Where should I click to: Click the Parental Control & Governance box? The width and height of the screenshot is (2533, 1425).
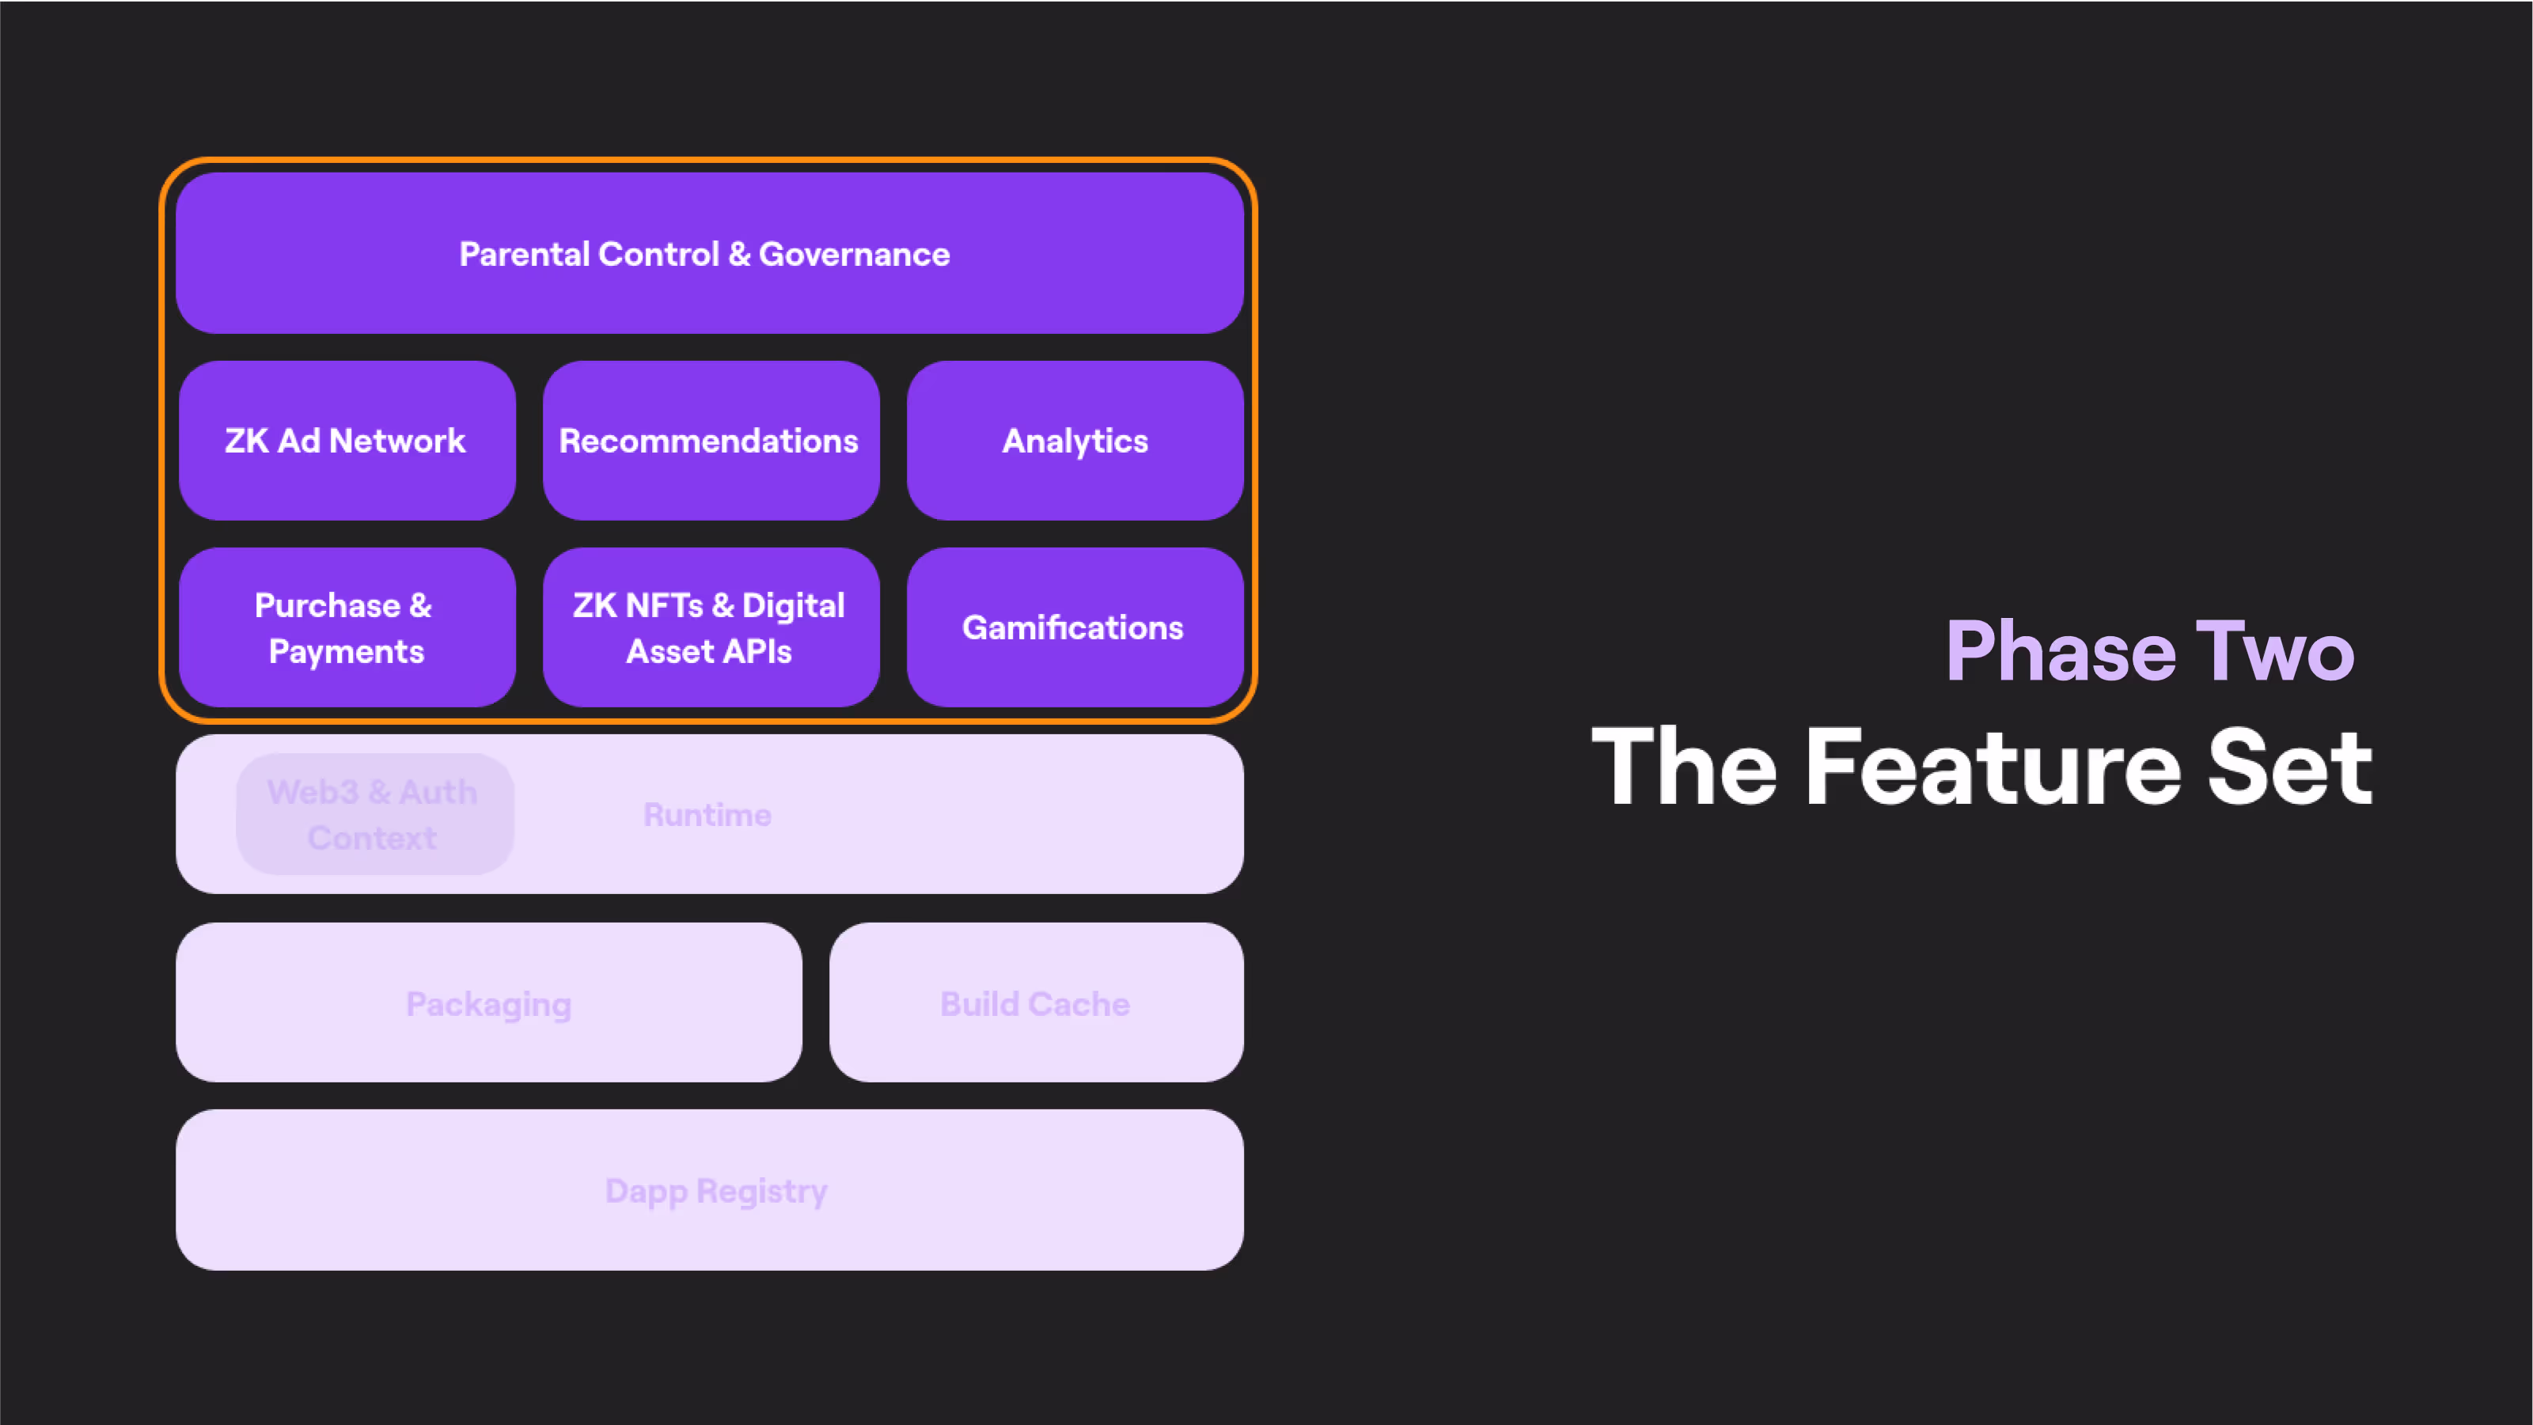(709, 254)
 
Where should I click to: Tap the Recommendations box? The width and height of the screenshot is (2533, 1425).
(710, 441)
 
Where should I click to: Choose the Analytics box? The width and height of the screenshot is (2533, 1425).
(1075, 441)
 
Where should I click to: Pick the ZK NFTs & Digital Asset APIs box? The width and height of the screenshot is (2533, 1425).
(710, 627)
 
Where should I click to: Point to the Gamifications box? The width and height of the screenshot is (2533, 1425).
(1075, 627)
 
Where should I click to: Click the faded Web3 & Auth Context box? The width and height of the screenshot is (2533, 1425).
(374, 814)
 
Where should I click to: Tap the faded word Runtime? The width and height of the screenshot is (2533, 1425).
(707, 814)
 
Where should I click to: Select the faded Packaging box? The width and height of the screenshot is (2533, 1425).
(489, 1003)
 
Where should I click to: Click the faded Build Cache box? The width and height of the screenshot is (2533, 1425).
(1035, 1003)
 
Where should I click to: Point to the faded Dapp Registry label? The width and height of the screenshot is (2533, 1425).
(716, 1191)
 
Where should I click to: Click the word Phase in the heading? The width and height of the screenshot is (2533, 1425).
(2060, 651)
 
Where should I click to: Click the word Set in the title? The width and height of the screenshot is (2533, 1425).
(2290, 767)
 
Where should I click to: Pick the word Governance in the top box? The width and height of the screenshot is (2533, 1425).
(854, 255)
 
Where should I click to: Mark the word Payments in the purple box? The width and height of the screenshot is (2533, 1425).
(346, 651)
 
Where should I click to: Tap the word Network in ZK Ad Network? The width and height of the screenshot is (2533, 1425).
(397, 441)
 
